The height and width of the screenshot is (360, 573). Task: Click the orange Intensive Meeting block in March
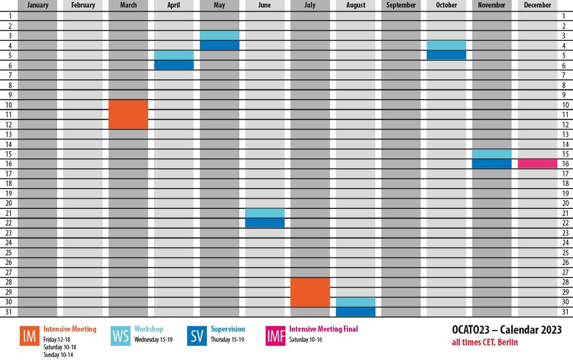click(x=128, y=114)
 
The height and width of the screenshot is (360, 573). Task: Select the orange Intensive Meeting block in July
click(x=310, y=292)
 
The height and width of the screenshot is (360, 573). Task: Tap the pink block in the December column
click(x=538, y=163)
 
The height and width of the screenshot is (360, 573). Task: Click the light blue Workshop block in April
click(x=174, y=55)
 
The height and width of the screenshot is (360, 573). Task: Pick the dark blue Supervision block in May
click(x=219, y=46)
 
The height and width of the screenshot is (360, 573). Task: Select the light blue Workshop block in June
click(x=265, y=213)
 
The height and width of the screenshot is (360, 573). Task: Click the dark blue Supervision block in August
click(x=356, y=312)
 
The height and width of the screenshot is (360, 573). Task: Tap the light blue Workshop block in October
click(x=446, y=45)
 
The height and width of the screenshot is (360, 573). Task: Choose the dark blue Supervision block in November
click(x=492, y=163)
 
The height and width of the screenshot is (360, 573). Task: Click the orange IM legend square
click(x=29, y=336)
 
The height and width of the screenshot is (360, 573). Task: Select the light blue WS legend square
click(x=120, y=336)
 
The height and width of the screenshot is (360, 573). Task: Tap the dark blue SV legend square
click(x=197, y=336)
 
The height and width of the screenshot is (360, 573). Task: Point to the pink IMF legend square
click(x=276, y=336)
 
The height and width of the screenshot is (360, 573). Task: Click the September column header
click(x=401, y=5)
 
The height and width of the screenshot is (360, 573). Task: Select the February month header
click(x=83, y=5)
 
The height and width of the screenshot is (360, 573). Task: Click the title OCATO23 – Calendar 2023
click(x=507, y=330)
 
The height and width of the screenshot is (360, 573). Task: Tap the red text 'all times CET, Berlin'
click(x=485, y=342)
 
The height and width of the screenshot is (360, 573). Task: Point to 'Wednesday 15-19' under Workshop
click(x=153, y=340)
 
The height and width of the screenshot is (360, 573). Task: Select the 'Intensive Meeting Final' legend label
click(x=323, y=329)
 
